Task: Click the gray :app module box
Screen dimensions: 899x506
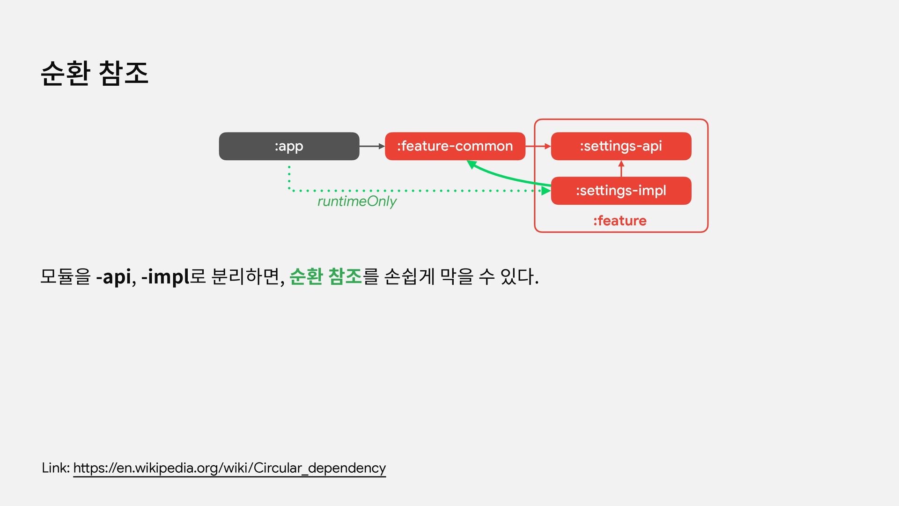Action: click(x=289, y=146)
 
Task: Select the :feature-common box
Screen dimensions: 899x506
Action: click(x=455, y=146)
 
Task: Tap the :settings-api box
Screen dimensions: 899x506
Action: click(x=621, y=146)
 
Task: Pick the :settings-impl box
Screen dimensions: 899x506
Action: click(x=621, y=191)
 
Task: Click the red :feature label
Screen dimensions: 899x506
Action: click(x=619, y=221)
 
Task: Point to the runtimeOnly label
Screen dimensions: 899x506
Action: click(x=357, y=201)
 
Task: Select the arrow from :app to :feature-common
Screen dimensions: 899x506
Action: click(x=372, y=146)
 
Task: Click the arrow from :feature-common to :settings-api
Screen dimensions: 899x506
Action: click(x=538, y=146)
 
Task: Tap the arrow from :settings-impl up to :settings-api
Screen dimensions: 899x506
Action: click(x=621, y=169)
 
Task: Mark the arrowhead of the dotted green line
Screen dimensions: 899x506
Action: click(x=545, y=191)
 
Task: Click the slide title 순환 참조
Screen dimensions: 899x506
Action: click(x=95, y=74)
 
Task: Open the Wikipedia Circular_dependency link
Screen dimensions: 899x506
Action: click(x=229, y=468)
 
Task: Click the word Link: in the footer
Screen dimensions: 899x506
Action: click(x=56, y=468)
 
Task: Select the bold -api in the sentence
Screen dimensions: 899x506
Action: click(x=113, y=276)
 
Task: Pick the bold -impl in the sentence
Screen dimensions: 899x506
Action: click(x=165, y=276)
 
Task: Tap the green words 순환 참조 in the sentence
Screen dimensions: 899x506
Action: click(x=325, y=276)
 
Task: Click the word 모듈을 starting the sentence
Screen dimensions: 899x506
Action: click(x=65, y=276)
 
